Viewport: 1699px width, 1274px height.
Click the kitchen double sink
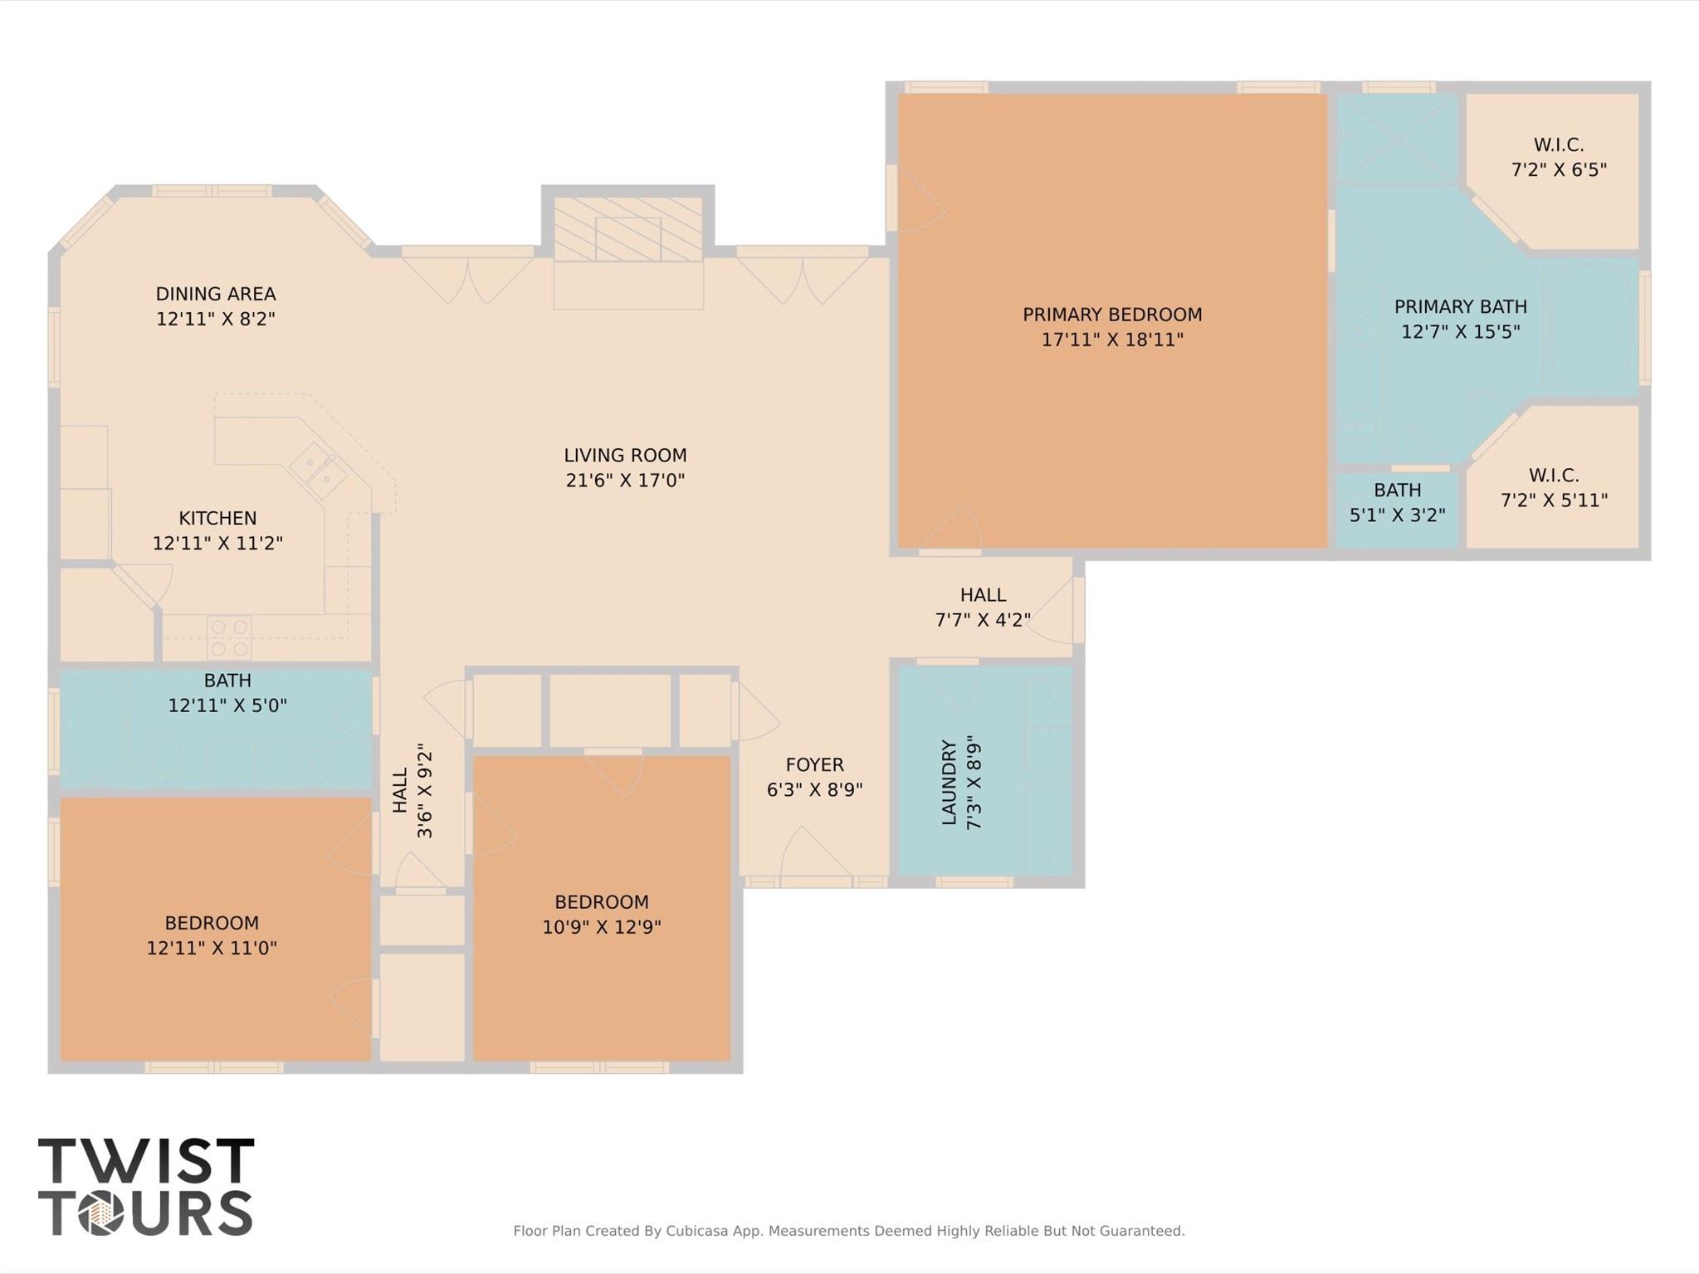pos(318,469)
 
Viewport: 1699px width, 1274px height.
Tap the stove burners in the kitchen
pos(229,637)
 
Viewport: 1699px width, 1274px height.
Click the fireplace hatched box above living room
pos(628,230)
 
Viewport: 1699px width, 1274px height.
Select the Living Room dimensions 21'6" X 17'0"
pos(625,481)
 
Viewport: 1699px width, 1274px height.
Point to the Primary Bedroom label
pos(1112,315)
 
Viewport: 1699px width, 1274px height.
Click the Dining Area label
pos(216,295)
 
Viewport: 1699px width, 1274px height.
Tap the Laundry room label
pos(950,782)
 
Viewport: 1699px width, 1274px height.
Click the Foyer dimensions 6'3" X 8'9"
pos(814,790)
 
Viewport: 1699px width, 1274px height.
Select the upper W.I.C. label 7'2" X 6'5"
pos(1559,158)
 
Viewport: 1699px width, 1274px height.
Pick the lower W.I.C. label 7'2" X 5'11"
pos(1554,488)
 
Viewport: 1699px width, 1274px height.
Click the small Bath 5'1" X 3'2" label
pos(1398,503)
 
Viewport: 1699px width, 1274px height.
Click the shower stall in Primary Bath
pos(1397,139)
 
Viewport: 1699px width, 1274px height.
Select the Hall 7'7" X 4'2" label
pos(983,608)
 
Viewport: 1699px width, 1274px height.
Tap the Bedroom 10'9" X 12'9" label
pos(602,915)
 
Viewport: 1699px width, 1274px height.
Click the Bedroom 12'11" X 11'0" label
pos(212,935)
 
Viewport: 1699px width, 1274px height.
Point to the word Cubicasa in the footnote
pos(698,1231)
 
